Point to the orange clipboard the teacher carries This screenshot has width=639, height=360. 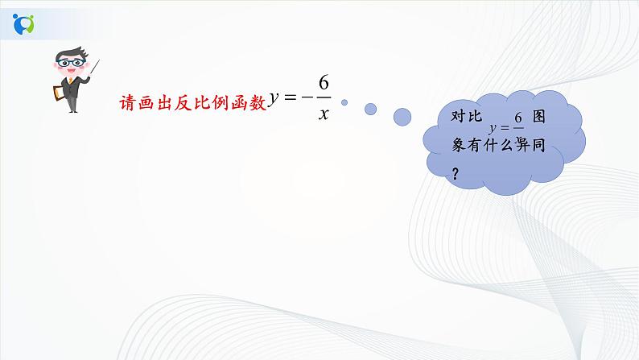coord(57,93)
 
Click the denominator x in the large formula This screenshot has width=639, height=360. coord(323,114)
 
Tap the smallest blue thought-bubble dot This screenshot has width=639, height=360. coord(344,102)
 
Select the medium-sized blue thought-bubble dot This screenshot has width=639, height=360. coord(370,108)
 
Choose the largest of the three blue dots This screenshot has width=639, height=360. coord(403,118)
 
